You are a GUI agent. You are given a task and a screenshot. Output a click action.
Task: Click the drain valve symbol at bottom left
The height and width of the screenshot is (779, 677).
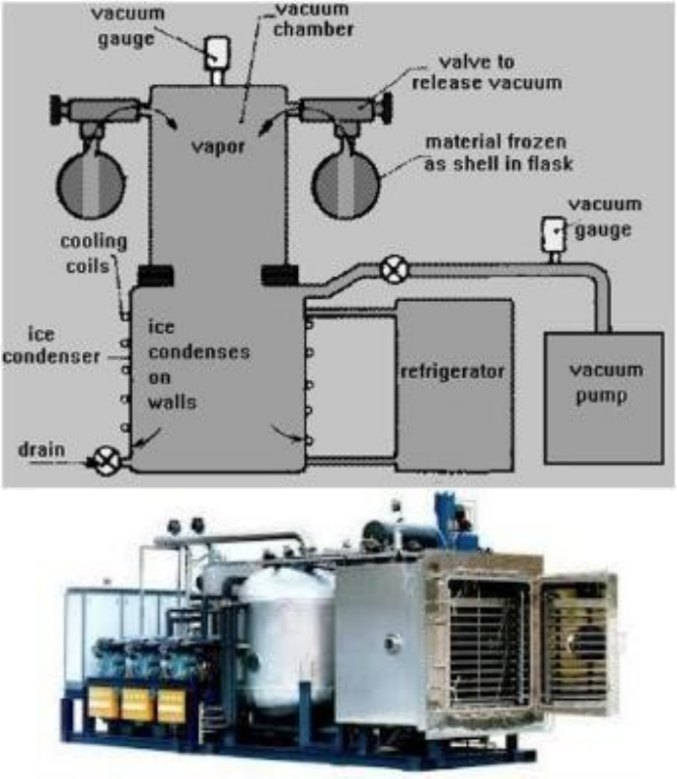[105, 459]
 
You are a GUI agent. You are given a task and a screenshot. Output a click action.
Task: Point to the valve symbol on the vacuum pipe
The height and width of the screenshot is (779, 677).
[393, 268]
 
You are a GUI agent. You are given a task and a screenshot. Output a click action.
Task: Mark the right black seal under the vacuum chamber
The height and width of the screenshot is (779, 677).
[279, 275]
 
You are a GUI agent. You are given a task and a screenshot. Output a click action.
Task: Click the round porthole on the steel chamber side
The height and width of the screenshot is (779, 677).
[391, 644]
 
